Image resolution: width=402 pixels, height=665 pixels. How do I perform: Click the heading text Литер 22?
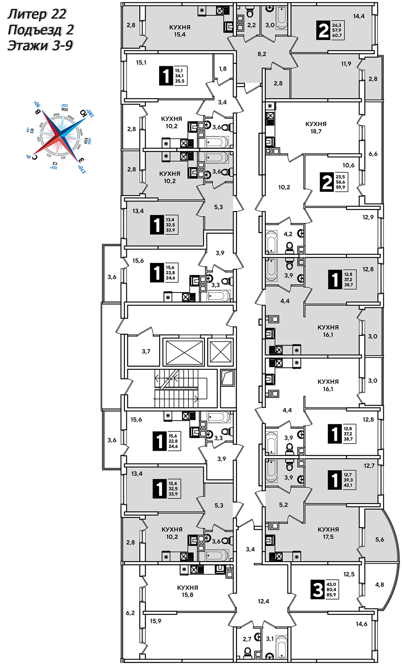click(37, 14)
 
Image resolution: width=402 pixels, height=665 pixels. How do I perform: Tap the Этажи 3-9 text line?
click(40, 46)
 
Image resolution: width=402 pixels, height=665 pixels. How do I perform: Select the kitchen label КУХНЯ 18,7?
click(316, 127)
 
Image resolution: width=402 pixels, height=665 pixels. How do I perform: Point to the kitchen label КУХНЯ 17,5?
click(328, 533)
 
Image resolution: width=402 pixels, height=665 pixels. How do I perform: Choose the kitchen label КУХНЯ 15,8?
click(188, 591)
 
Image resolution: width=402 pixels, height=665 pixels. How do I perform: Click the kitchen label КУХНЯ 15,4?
click(180, 31)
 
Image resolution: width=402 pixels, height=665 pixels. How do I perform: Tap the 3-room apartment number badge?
click(317, 590)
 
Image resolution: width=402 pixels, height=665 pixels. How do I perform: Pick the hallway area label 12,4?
click(263, 601)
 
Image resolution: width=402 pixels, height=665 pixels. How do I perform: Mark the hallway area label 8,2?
click(262, 54)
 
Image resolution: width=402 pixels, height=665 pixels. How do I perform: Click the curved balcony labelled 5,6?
click(379, 539)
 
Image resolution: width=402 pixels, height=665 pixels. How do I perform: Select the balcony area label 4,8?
click(379, 584)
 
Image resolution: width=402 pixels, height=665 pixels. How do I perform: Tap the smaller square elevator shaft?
click(220, 351)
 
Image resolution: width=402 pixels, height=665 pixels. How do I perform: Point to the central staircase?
click(176, 389)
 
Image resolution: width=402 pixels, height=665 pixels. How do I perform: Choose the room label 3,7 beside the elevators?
click(146, 351)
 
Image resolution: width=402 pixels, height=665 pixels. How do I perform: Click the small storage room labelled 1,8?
click(223, 69)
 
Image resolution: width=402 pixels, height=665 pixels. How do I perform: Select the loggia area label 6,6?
click(373, 154)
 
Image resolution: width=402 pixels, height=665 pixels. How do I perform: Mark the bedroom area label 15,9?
click(156, 621)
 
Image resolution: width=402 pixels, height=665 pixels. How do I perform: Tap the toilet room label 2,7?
click(247, 639)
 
